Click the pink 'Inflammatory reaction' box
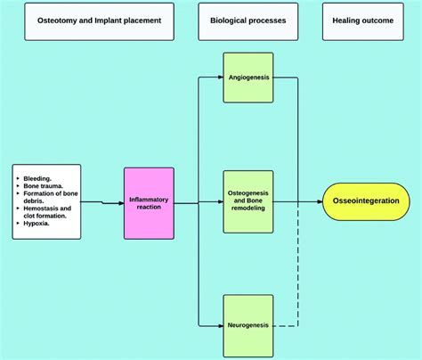click(x=149, y=203)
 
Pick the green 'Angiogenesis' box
click(x=248, y=78)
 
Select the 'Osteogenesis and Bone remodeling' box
click(x=248, y=203)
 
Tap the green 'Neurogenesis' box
click(x=248, y=326)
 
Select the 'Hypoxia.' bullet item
click(x=37, y=223)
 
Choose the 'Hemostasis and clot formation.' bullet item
click(x=46, y=212)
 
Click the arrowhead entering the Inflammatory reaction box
click(x=120, y=203)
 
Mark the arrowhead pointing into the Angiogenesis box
click(x=219, y=78)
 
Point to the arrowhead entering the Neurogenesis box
click(x=219, y=326)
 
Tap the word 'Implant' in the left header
click(x=119, y=19)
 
